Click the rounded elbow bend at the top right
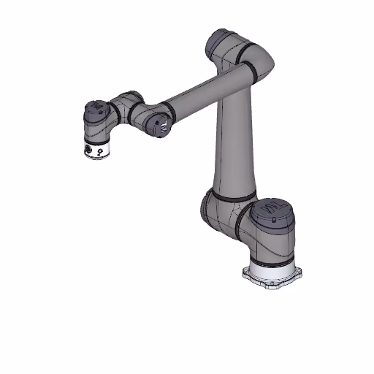coord(259,62)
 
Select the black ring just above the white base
coord(272,256)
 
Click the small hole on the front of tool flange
coord(100,153)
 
